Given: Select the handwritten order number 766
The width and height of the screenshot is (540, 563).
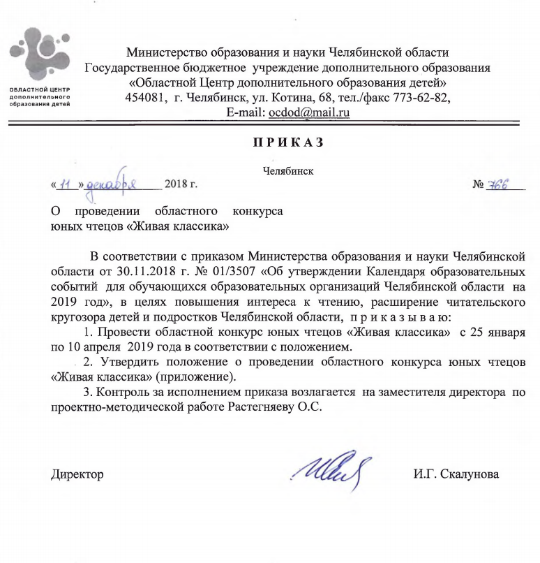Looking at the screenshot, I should [498, 185].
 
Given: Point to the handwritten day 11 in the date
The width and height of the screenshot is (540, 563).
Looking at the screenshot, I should [67, 184].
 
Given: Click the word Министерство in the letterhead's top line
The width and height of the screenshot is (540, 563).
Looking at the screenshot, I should [168, 51].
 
